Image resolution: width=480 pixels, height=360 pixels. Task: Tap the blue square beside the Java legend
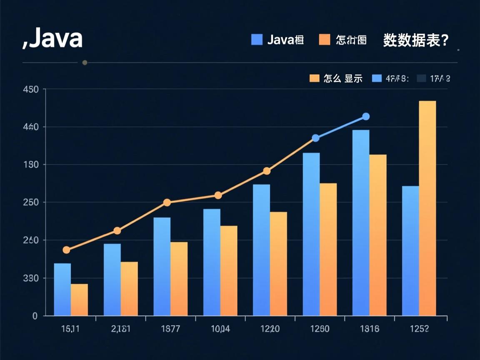(257, 40)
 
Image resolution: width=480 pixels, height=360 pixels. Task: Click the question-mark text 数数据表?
(415, 40)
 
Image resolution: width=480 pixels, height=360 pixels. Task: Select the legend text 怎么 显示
(342, 78)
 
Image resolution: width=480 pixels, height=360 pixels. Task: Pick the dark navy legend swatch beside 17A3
(422, 78)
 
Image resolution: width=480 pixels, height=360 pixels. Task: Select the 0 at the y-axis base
(35, 316)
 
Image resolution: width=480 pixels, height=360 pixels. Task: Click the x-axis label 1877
(170, 329)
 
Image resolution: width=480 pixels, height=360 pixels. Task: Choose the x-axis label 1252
(419, 329)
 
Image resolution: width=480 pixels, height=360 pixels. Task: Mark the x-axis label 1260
(320, 329)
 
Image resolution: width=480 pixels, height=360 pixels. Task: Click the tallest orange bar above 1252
(427, 208)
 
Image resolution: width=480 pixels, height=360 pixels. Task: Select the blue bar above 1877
(162, 267)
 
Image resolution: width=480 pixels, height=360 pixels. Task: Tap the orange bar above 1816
(378, 235)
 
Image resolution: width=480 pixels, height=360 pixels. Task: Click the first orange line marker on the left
(66, 250)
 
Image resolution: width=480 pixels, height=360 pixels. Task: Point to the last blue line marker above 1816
(366, 117)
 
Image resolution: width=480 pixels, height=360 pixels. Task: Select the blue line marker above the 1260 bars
(316, 138)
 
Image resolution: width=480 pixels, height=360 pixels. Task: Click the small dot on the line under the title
(85, 62)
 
